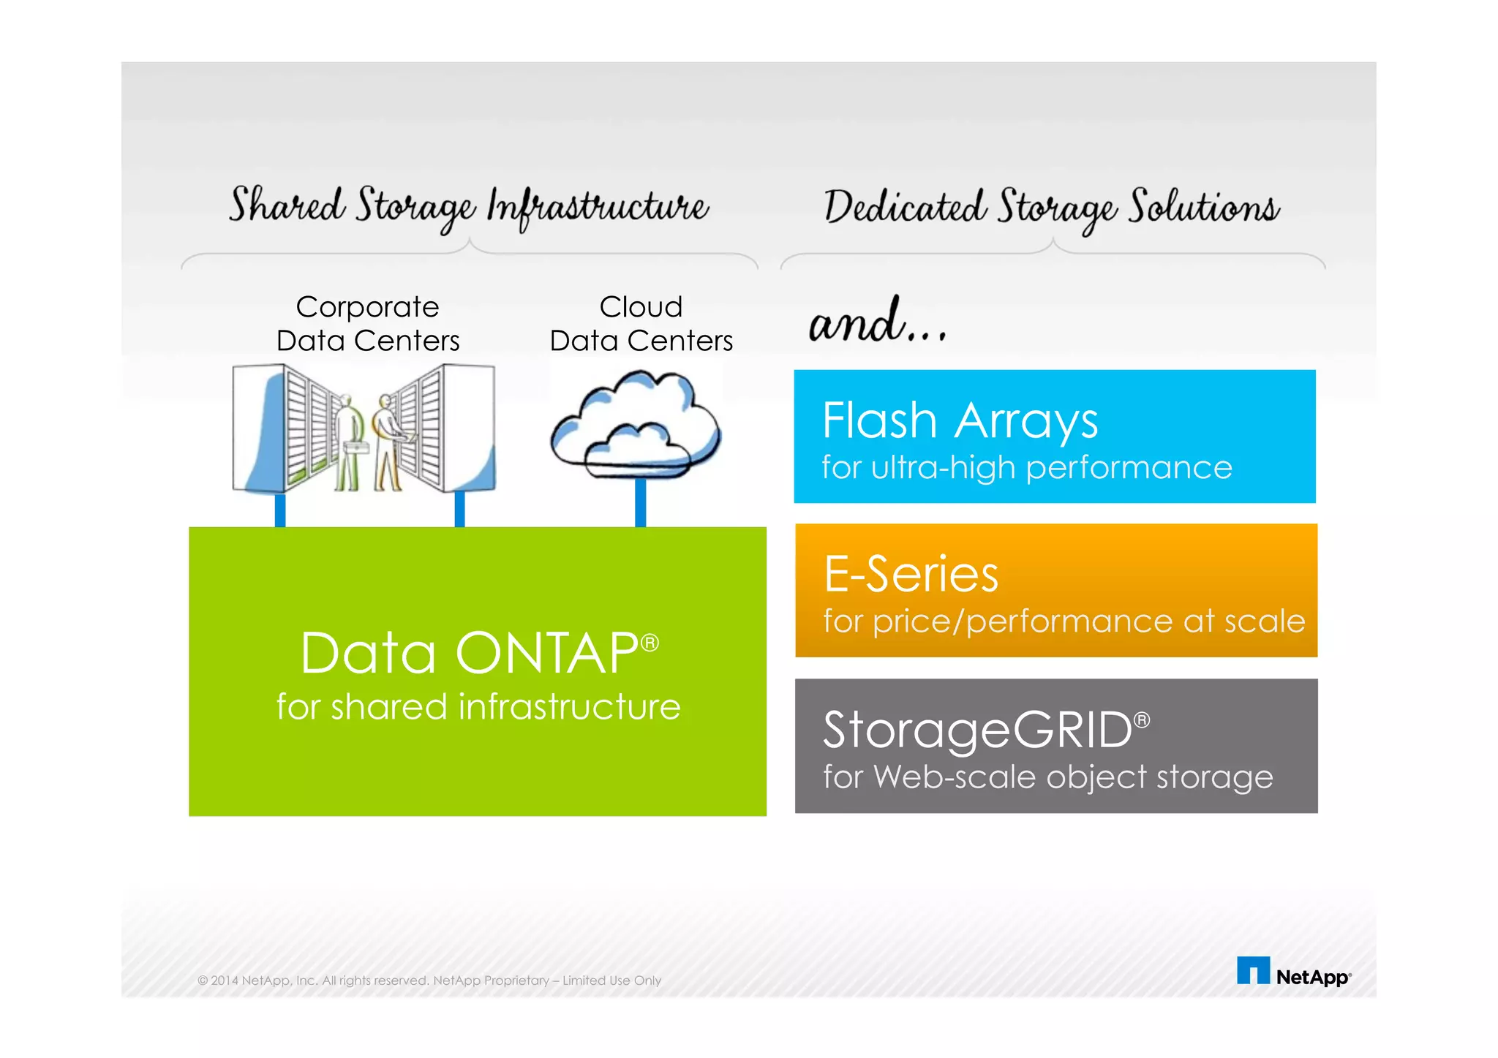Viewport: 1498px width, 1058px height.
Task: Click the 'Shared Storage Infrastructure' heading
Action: pyautogui.click(x=468, y=206)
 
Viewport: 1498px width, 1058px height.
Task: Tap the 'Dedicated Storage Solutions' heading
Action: pyautogui.click(x=1052, y=207)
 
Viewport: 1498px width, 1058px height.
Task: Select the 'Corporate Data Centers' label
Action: pyautogui.click(x=367, y=324)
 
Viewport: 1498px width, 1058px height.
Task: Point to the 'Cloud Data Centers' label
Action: pyautogui.click(x=641, y=324)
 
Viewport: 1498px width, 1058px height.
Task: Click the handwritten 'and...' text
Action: pyautogui.click(x=877, y=322)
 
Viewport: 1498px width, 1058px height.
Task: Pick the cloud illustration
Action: pyautogui.click(x=635, y=424)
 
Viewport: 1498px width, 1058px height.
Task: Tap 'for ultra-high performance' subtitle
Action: pyautogui.click(x=1027, y=468)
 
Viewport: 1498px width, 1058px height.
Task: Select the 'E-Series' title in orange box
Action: pyautogui.click(x=911, y=574)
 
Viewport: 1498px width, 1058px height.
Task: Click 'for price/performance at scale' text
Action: pyautogui.click(x=1064, y=621)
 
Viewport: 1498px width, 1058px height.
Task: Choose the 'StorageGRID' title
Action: pyautogui.click(x=977, y=730)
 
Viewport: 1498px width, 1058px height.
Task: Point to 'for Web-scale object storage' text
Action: pyautogui.click(x=1047, y=777)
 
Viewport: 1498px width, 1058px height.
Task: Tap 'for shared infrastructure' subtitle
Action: pyautogui.click(x=478, y=707)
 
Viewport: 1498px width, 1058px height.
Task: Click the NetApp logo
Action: pyautogui.click(x=1293, y=972)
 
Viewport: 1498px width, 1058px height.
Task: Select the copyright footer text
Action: pyautogui.click(x=429, y=980)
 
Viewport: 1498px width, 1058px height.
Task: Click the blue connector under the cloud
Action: pyautogui.click(x=640, y=503)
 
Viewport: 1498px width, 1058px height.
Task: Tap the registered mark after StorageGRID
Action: pyautogui.click(x=1142, y=721)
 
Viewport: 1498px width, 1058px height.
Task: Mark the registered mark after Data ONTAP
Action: pyautogui.click(x=650, y=643)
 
